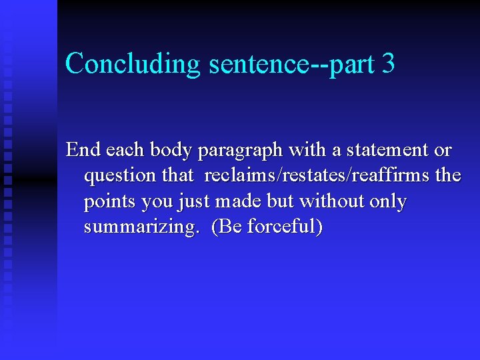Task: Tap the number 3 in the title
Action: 389,63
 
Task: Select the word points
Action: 110,201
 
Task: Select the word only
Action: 386,201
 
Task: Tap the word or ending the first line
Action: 443,150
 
